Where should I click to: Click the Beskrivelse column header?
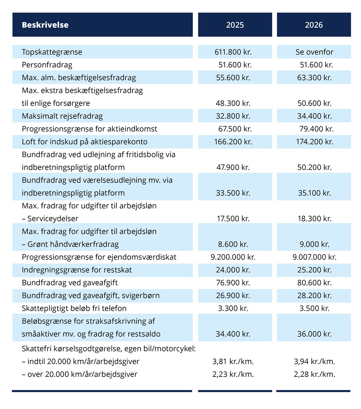pyautogui.click(x=45, y=25)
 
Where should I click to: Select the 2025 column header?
pyautogui.click(x=235, y=25)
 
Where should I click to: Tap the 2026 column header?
pyautogui.click(x=314, y=25)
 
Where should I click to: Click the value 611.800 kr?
pyautogui.click(x=233, y=52)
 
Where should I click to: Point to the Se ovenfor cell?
pyautogui.click(x=314, y=52)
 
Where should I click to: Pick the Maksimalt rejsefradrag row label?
pyautogui.click(x=62, y=116)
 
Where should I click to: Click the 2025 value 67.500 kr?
pyautogui.click(x=235, y=129)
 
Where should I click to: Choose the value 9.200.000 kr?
pyautogui.click(x=233, y=257)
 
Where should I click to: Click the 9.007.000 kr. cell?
pyautogui.click(x=314, y=257)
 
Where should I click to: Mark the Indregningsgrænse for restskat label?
pyautogui.click(x=77, y=270)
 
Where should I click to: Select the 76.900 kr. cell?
pyautogui.click(x=233, y=283)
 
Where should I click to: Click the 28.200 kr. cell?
pyautogui.click(x=314, y=296)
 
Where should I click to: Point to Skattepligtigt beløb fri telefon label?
pyautogui.click(x=74, y=308)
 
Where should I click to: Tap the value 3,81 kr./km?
pyautogui.click(x=233, y=361)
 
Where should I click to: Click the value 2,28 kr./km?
pyautogui.click(x=314, y=374)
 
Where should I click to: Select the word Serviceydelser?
pyautogui.click(x=53, y=219)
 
